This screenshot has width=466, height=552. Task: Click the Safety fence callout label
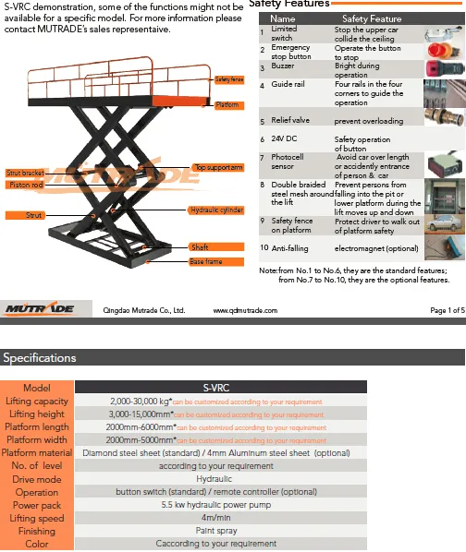(229, 81)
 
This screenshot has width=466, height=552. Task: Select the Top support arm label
(219, 167)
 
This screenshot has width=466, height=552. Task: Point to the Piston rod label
(26, 186)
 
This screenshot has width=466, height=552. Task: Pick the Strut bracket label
(25, 174)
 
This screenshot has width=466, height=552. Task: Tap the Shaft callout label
(200, 248)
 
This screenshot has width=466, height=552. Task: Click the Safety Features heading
(290, 6)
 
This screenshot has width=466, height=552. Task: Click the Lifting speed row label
(36, 519)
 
